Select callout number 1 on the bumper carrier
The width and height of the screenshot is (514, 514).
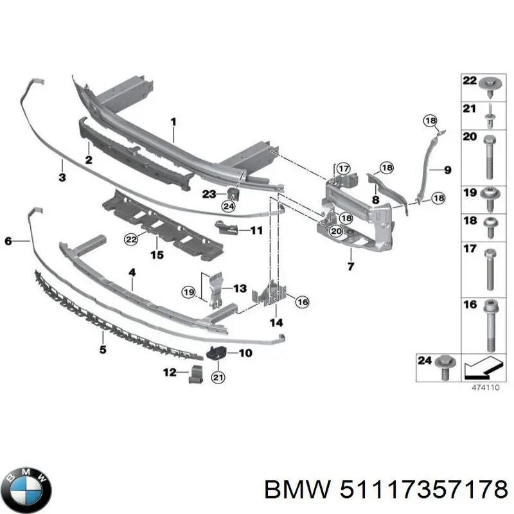click(173, 121)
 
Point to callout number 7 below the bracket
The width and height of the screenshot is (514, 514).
click(351, 266)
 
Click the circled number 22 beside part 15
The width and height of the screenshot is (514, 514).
click(131, 239)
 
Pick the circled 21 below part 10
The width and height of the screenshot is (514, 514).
click(218, 378)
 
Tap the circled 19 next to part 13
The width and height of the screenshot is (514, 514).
click(188, 292)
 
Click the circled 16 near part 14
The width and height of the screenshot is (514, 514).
click(301, 301)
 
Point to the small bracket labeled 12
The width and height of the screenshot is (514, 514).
click(194, 373)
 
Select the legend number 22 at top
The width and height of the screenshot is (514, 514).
click(470, 81)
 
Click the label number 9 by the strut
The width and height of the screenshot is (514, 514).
click(447, 170)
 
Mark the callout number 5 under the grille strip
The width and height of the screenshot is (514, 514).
click(103, 350)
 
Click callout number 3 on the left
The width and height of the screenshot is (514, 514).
click(62, 178)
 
